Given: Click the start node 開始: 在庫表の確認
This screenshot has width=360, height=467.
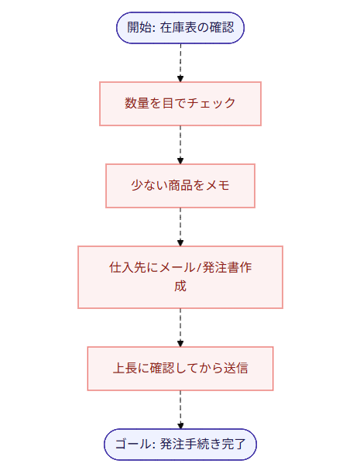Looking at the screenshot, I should click(x=180, y=29).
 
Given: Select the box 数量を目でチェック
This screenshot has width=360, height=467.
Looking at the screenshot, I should click(x=180, y=103).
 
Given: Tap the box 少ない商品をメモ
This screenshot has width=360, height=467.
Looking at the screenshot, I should click(x=180, y=186).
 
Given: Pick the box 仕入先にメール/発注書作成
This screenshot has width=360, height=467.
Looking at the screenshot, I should click(x=180, y=276).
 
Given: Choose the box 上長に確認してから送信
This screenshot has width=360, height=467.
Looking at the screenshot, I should click(x=180, y=368).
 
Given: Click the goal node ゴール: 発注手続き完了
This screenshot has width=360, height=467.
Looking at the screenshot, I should click(x=180, y=445).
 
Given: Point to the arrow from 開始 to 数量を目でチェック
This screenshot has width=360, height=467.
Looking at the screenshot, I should click(x=180, y=62).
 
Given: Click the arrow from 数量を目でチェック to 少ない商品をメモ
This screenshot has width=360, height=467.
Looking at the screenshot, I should click(x=180, y=144).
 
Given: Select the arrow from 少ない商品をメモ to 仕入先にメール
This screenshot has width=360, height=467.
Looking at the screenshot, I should click(x=180, y=226).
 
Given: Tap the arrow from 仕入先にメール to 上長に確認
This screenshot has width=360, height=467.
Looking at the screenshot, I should click(x=180, y=327).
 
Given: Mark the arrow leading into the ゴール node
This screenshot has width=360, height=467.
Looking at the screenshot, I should click(x=180, y=409).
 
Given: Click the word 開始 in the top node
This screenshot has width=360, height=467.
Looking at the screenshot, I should click(x=138, y=29).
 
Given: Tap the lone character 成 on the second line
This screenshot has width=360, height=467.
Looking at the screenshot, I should click(x=180, y=286).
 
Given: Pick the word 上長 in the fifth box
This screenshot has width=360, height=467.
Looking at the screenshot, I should click(x=125, y=368).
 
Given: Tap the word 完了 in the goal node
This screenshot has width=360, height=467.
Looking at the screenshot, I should click(x=233, y=445).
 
